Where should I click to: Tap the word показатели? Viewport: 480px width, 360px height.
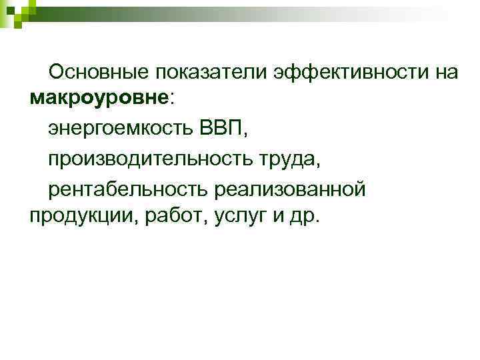pyautogui.click(x=211, y=73)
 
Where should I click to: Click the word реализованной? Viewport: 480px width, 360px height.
pyautogui.click(x=290, y=189)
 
